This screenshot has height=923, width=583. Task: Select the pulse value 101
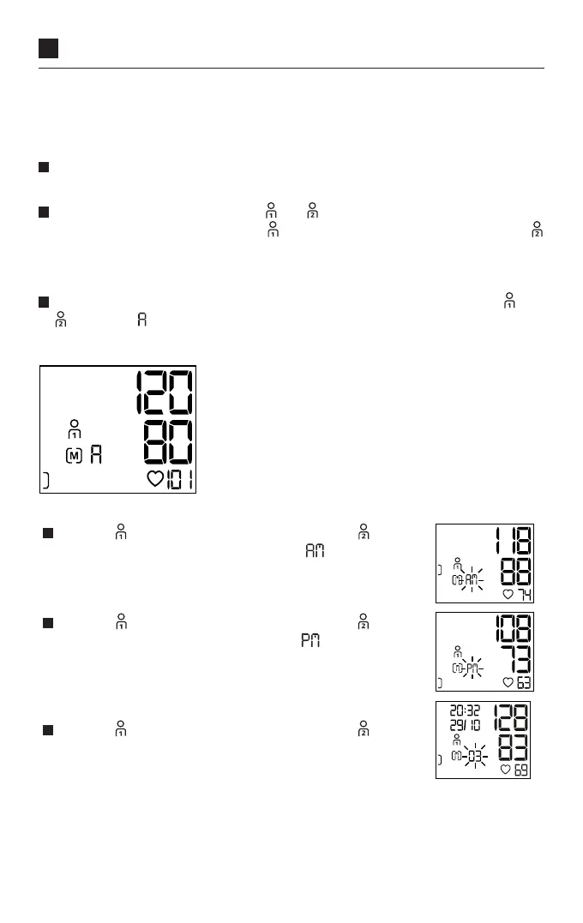tap(179, 479)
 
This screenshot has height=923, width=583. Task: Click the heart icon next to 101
tap(155, 479)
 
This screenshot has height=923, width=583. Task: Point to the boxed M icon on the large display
tap(74, 455)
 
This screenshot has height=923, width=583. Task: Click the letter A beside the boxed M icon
tap(96, 455)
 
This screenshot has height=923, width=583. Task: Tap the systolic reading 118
tap(510, 542)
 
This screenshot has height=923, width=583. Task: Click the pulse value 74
tap(520, 595)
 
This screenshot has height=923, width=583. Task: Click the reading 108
tap(510, 629)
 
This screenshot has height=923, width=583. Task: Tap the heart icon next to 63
tap(508, 682)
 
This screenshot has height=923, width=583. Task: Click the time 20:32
tap(465, 710)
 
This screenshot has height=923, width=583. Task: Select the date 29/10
tap(465, 725)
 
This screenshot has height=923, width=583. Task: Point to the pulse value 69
tap(520, 770)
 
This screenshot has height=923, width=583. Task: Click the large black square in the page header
tap(48, 48)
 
